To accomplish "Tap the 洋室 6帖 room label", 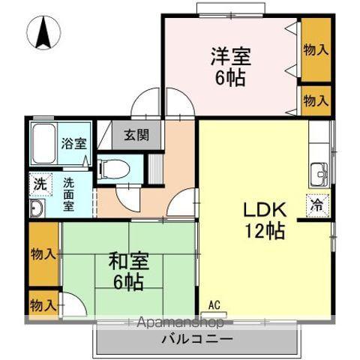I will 229,66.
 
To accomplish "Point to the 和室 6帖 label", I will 129,271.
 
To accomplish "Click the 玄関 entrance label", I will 136,136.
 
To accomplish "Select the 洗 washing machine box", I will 39,182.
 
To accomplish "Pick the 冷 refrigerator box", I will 317,202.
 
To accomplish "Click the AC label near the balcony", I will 214,304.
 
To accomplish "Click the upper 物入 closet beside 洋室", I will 316,49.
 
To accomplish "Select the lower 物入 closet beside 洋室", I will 316,100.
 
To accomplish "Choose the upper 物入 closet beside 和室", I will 43,253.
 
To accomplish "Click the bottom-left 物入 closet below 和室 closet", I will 42,304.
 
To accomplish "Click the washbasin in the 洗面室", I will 37,207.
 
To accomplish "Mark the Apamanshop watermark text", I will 178,323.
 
